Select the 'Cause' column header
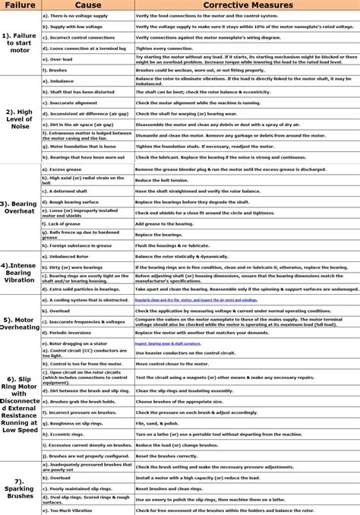[87, 5]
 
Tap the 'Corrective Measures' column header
[247, 5]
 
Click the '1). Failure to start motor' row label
[19, 43]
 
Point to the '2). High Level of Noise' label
[19, 118]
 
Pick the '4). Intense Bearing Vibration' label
[19, 273]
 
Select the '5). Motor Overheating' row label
[19, 323]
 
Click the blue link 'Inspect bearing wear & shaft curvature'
[178, 343]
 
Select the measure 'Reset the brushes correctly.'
[167, 456]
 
